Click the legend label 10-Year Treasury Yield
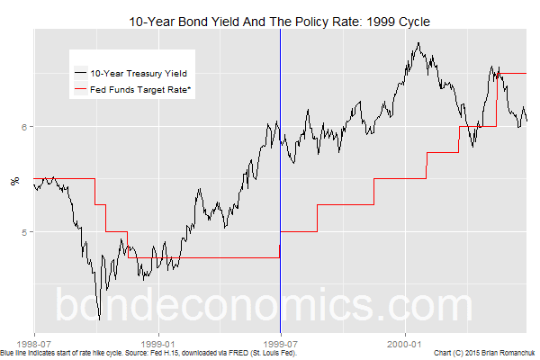click(143, 72)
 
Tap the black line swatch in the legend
click(80, 72)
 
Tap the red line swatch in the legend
click(80, 90)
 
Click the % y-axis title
click(13, 180)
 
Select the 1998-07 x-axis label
click(34, 342)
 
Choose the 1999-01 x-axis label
click(157, 342)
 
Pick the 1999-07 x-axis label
click(281, 342)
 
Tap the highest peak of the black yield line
click(419, 41)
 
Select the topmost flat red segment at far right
click(513, 73)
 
